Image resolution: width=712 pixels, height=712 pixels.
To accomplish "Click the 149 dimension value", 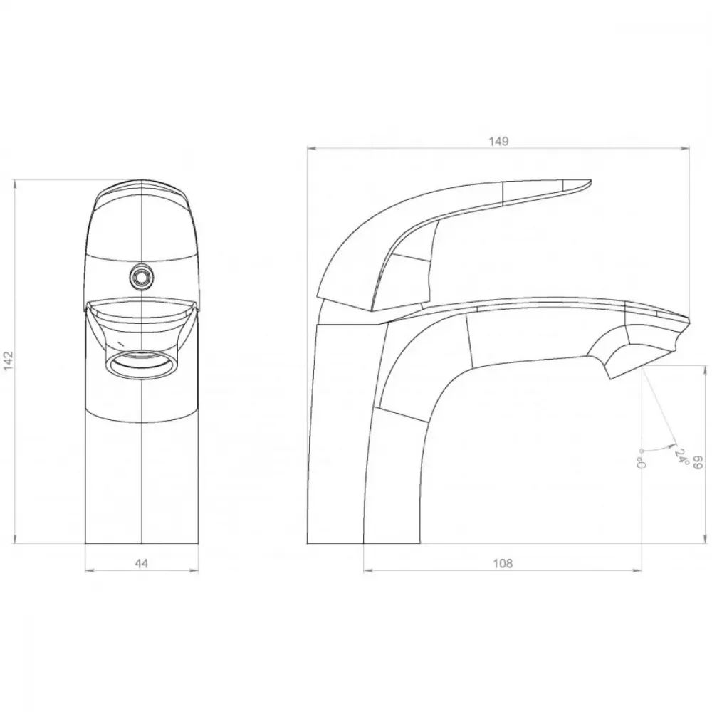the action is click(498, 141).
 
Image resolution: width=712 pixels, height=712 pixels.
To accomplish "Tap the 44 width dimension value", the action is click(142, 563).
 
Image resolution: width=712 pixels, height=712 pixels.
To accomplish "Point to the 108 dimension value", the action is click(503, 563).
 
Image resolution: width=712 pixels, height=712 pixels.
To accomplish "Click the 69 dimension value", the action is click(698, 464).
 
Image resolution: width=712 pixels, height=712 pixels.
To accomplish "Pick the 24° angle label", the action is click(682, 456).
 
